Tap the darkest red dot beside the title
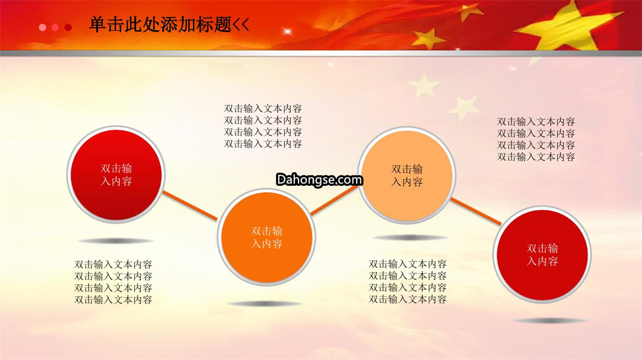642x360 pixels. pyautogui.click(x=68, y=27)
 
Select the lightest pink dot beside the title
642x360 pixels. pyautogui.click(x=42, y=27)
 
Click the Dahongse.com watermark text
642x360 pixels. pyautogui.click(x=319, y=179)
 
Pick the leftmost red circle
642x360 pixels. pyautogui.click(x=116, y=175)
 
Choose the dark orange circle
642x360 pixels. pyautogui.click(x=266, y=237)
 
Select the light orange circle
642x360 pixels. pyautogui.click(x=407, y=175)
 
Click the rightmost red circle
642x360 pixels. pyautogui.click(x=542, y=254)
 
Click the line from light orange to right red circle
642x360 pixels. pyautogui.click(x=476, y=211)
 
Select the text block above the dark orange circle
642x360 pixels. pyautogui.click(x=263, y=126)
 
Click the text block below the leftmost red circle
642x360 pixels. pyautogui.click(x=113, y=282)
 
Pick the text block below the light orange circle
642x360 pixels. pyautogui.click(x=407, y=282)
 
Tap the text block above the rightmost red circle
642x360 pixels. pyautogui.click(x=536, y=139)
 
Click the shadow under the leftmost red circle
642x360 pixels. pyautogui.click(x=116, y=241)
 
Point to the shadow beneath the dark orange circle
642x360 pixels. pyautogui.click(x=265, y=304)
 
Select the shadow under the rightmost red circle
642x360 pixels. pyautogui.click(x=549, y=321)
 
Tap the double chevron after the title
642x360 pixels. pyautogui.click(x=241, y=25)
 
